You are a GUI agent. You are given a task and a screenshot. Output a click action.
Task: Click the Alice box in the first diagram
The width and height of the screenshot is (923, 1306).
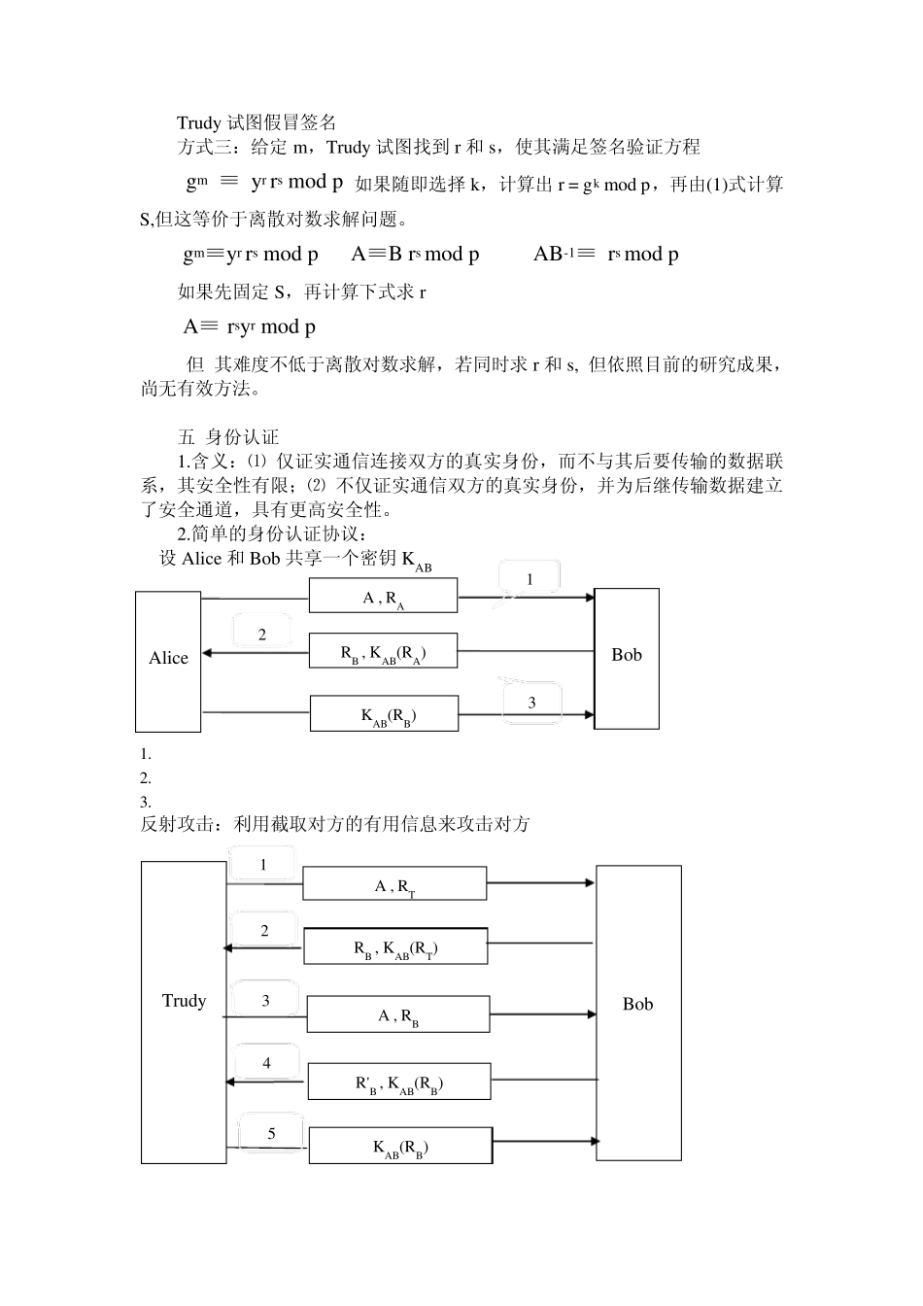point(168,661)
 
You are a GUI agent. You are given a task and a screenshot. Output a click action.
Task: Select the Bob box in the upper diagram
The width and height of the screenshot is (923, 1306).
point(627,658)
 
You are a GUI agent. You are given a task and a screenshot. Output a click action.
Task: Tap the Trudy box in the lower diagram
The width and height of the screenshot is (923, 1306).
point(184,1012)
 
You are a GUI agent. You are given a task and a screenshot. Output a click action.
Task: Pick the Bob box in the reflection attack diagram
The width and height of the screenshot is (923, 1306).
point(638,1012)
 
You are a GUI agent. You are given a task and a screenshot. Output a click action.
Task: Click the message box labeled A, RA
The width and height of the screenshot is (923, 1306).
point(383,596)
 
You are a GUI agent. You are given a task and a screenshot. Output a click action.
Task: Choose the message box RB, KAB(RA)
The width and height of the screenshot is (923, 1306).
point(383,651)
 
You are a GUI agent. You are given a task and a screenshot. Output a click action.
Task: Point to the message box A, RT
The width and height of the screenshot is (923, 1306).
point(394,884)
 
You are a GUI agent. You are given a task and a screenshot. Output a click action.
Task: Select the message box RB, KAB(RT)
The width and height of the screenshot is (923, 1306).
point(395,946)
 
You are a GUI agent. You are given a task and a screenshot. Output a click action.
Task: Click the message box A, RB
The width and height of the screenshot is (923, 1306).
point(398,1014)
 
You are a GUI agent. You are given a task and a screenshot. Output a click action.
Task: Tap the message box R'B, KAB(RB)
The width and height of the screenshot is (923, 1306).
point(399,1082)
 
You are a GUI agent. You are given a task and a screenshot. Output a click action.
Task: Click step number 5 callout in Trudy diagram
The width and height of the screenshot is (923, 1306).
point(271,1134)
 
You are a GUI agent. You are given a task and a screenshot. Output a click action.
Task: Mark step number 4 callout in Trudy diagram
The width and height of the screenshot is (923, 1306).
point(267,1064)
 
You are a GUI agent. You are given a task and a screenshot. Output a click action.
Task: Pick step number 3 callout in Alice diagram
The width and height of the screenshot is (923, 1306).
point(531,703)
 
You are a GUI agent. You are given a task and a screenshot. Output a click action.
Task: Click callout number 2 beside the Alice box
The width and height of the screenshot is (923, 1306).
point(262,636)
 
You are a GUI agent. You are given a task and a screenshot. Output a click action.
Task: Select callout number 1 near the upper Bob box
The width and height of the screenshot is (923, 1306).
point(530,580)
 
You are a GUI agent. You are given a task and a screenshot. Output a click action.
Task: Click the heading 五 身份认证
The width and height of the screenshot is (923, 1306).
point(228,437)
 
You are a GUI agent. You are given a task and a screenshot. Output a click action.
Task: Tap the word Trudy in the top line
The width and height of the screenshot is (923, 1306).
point(198,122)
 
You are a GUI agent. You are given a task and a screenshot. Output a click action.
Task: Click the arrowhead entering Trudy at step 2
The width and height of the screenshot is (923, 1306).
point(229,946)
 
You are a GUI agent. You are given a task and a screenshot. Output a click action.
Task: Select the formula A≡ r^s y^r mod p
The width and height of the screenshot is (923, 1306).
point(250,326)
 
